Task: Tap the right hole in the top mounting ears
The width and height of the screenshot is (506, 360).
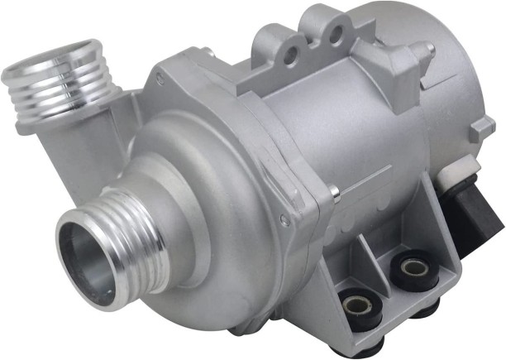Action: click(334, 33)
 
